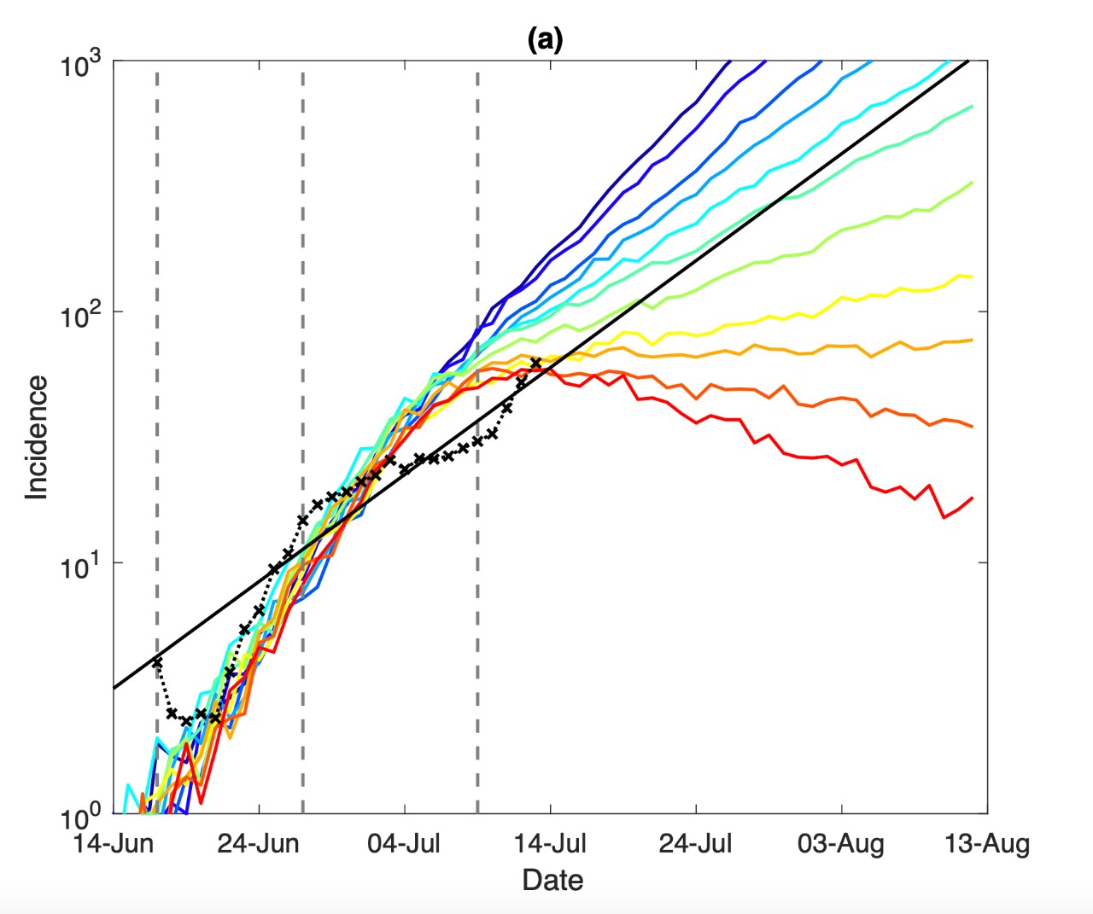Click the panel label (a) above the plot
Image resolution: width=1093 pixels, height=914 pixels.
coord(545,39)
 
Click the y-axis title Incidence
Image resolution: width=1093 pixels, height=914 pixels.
coord(36,438)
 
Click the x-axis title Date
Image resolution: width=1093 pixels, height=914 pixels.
coord(552,880)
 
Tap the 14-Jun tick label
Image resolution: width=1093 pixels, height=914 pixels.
coord(113,844)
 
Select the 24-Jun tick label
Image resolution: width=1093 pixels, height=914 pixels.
coord(258,844)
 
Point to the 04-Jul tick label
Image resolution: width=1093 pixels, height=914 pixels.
coord(404,844)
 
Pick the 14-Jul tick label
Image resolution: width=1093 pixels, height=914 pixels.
coord(550,844)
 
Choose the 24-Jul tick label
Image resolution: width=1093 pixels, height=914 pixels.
coord(696,844)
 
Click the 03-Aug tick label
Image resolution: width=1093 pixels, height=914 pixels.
coord(841,844)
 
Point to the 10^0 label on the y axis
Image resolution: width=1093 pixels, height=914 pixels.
coord(80,818)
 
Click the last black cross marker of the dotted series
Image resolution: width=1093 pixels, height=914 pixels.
coord(536,364)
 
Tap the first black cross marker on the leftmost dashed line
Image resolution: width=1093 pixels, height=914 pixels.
coord(157,662)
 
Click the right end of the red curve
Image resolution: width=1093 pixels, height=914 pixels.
coord(972,498)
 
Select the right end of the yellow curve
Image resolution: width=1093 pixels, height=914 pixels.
coord(972,277)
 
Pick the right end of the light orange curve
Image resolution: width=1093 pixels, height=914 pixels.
coord(972,340)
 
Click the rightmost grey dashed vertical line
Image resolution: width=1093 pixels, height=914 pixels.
coord(477,597)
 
